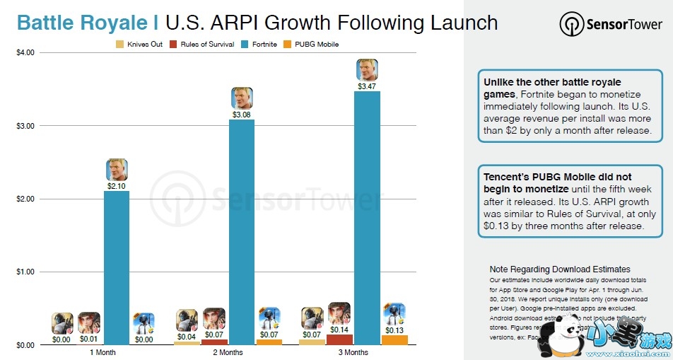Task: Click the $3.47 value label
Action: (x=367, y=86)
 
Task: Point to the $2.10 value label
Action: (x=117, y=186)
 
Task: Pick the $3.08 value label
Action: (x=242, y=115)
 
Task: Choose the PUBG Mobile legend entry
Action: (x=311, y=44)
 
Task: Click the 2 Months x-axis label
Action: (x=228, y=352)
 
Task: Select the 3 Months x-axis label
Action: (x=353, y=352)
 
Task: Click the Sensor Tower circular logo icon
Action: (x=572, y=24)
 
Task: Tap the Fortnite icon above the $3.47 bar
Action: (x=367, y=69)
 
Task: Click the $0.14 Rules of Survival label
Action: (x=339, y=330)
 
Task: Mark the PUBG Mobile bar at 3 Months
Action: (x=394, y=339)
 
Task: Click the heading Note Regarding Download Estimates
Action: (x=559, y=269)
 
